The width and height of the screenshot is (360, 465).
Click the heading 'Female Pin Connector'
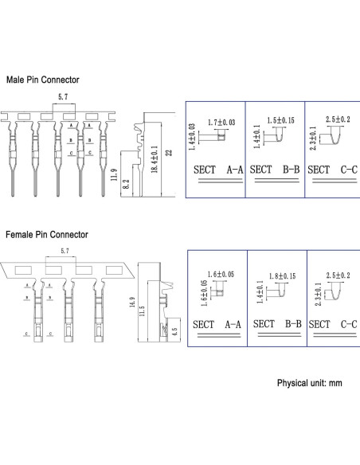tap(47, 235)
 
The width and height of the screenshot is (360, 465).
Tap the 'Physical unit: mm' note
tap(309, 383)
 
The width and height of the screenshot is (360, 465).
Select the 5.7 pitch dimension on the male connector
tap(62, 97)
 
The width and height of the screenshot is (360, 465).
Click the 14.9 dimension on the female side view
tap(131, 303)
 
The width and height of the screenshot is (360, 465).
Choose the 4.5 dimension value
tap(174, 331)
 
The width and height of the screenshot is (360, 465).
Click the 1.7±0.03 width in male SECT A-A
tap(220, 123)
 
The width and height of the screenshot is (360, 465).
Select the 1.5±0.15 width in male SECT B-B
tap(280, 120)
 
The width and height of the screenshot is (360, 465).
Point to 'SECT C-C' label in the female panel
tap(331, 324)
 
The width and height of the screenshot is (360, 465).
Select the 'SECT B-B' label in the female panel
tap(276, 324)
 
